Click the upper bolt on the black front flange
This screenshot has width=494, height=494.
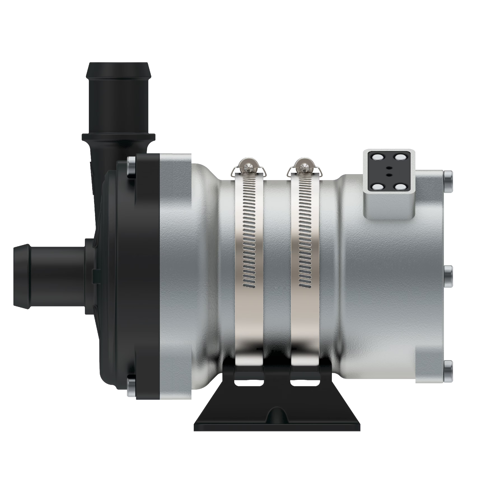tap(131, 168)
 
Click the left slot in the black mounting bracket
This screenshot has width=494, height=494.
tap(249, 384)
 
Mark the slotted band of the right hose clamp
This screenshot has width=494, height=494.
tap(305, 230)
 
